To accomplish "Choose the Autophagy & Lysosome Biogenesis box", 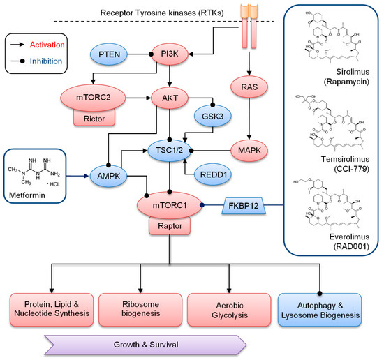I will (x=320, y=310).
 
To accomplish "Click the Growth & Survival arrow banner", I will (x=145, y=344).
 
